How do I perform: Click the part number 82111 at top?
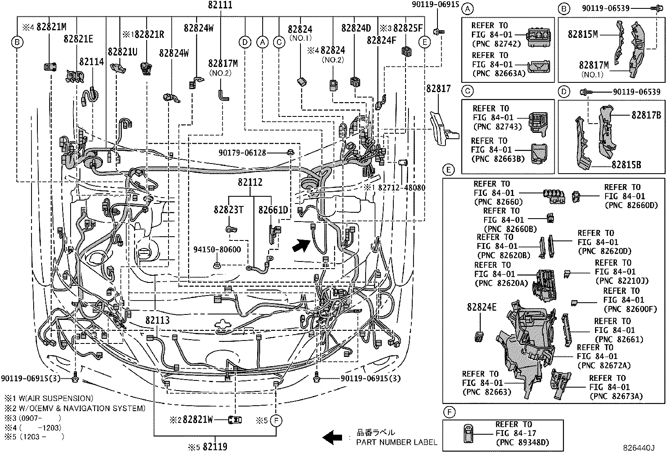[220, 5]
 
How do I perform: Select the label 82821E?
[78, 39]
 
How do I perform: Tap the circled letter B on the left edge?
[17, 42]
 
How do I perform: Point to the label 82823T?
[228, 210]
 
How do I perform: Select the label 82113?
[158, 321]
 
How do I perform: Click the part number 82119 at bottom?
[215, 447]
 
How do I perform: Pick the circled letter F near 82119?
[276, 420]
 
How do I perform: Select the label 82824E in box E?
[481, 308]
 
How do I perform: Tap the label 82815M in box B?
[582, 34]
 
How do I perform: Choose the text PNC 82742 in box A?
[496, 44]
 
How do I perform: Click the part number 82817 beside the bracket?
[438, 89]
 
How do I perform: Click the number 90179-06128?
[242, 153]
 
